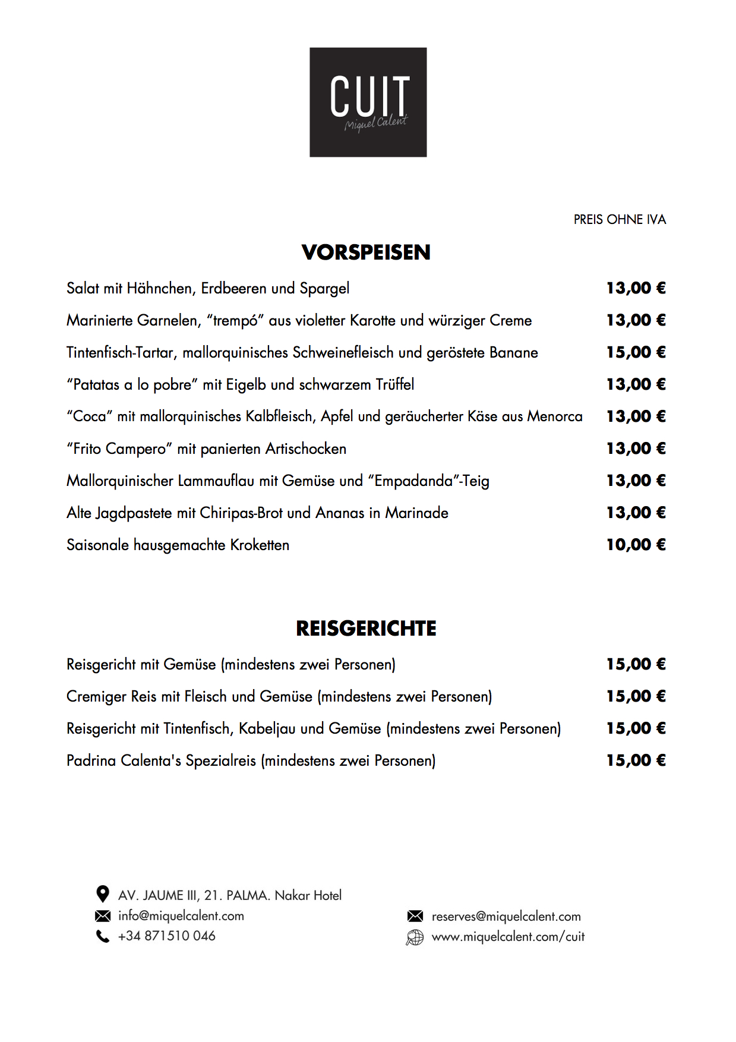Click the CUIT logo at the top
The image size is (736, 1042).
(x=368, y=102)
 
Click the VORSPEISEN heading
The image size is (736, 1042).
(x=366, y=252)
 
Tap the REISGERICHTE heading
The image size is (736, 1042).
(x=366, y=629)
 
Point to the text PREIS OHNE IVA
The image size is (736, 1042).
(x=620, y=220)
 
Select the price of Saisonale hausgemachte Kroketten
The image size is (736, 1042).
(x=636, y=545)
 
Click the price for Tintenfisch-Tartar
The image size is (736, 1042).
(x=636, y=352)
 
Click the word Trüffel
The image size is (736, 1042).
(x=395, y=384)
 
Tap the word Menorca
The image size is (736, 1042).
(x=555, y=416)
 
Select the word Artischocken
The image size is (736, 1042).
(x=306, y=449)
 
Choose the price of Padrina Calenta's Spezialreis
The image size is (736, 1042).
(x=636, y=760)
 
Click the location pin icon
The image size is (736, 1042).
(x=103, y=894)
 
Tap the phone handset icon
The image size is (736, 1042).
(x=103, y=936)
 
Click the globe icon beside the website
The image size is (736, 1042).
(x=415, y=937)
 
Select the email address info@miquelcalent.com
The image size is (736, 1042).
(x=181, y=915)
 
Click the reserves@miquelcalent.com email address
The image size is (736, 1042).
(x=506, y=917)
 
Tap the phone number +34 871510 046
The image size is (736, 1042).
(x=167, y=936)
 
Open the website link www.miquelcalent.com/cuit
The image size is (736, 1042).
(x=508, y=937)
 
